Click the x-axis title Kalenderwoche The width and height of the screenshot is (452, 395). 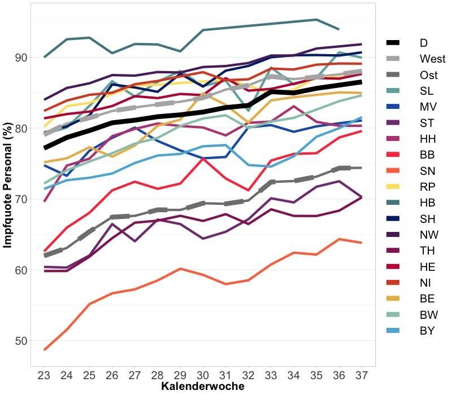point(203,387)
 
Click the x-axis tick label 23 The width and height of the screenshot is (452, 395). point(45,375)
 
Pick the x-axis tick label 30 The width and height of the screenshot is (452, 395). point(203,375)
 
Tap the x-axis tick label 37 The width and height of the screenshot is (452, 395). point(361,375)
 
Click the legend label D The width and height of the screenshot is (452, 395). point(423,42)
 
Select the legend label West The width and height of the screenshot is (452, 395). point(432,59)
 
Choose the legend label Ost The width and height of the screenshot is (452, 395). point(428,75)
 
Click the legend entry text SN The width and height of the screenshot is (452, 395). point(427,170)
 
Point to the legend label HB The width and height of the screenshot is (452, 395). point(427,203)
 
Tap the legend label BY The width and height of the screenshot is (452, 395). point(427,331)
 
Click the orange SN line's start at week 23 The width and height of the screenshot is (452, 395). point(45,350)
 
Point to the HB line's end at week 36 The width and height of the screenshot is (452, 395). point(338,29)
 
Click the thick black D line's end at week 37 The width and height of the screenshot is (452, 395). point(361,82)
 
